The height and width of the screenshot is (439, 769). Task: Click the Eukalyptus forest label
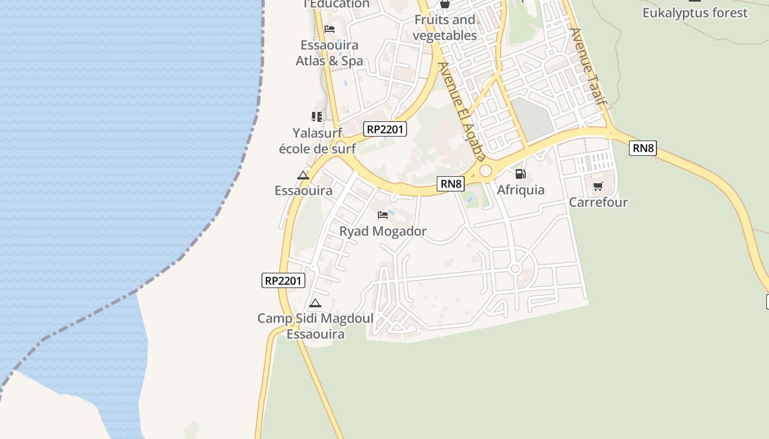click(x=695, y=13)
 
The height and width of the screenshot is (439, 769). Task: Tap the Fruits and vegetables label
click(x=444, y=27)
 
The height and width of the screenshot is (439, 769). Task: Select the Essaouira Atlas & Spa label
click(x=330, y=53)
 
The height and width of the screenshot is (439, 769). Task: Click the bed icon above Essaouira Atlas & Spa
click(x=330, y=29)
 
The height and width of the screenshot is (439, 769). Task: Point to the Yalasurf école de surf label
click(x=317, y=140)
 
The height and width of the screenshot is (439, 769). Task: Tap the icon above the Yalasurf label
click(x=317, y=116)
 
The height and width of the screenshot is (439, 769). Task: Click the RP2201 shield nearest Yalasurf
click(x=385, y=130)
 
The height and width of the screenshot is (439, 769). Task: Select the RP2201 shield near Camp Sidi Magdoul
click(x=283, y=280)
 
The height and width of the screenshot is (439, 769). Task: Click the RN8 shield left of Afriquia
click(x=450, y=184)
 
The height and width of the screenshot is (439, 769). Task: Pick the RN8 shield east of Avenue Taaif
click(x=643, y=148)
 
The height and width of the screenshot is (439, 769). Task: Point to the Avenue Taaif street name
click(x=588, y=66)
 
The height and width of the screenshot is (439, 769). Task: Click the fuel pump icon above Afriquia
click(x=520, y=174)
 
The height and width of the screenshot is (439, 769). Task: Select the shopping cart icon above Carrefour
click(x=598, y=186)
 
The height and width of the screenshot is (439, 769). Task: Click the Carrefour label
click(x=598, y=202)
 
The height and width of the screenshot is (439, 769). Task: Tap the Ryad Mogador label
click(x=383, y=231)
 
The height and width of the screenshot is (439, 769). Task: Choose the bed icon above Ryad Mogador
click(x=383, y=215)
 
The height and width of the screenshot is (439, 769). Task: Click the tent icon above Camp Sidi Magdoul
click(x=315, y=303)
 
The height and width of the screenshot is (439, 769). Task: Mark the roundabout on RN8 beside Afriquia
click(x=486, y=171)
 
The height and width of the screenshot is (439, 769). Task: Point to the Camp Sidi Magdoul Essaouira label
click(x=315, y=326)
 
